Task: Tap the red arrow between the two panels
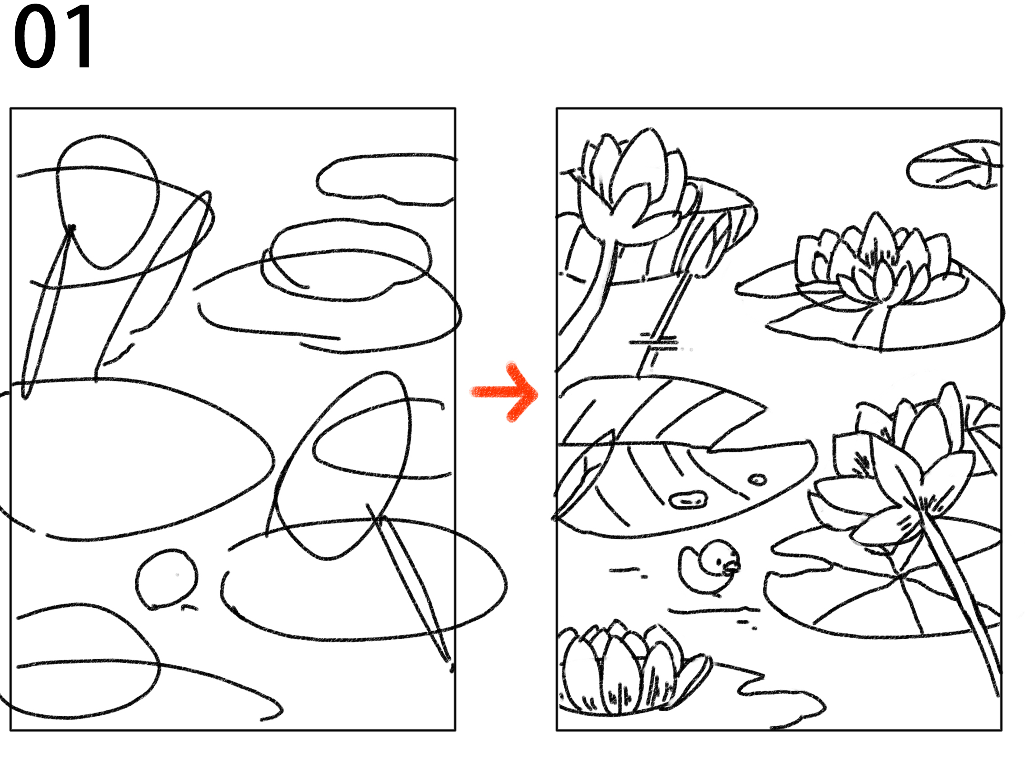click(x=504, y=392)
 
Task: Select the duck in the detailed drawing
click(x=708, y=566)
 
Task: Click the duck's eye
click(x=719, y=562)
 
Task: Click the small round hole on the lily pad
click(x=758, y=480)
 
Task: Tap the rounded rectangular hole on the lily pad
click(x=687, y=500)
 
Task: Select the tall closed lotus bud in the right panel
click(x=631, y=185)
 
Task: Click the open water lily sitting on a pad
click(x=872, y=265)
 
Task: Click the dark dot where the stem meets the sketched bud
click(x=71, y=228)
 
